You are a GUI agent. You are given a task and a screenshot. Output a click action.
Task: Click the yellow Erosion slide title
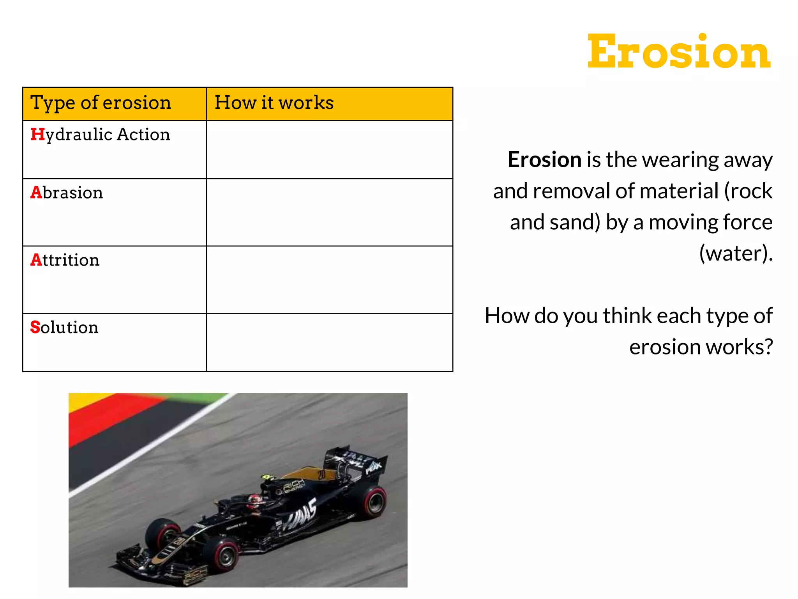678,52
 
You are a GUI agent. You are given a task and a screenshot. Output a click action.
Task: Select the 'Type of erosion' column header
101,103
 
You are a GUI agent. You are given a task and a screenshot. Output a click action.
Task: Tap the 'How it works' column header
274,103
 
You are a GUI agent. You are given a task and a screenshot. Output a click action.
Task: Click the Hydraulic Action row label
101,135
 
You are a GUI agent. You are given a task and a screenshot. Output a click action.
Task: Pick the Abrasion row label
67,193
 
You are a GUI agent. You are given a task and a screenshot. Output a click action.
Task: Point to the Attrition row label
65,260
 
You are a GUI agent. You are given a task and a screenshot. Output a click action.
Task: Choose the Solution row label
65,327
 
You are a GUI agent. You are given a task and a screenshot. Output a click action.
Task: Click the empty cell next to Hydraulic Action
329,150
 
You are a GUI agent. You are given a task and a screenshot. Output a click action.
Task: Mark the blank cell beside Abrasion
329,213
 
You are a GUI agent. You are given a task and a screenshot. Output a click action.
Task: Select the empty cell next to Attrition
329,280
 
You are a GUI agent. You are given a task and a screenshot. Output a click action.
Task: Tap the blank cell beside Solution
329,342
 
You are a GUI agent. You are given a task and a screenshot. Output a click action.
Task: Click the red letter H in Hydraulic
37,135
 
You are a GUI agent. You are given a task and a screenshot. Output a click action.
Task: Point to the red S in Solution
35,327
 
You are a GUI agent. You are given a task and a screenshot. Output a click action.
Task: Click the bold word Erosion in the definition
544,160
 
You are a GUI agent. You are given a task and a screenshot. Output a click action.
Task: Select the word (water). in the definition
736,253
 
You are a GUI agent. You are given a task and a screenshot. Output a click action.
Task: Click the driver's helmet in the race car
254,500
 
